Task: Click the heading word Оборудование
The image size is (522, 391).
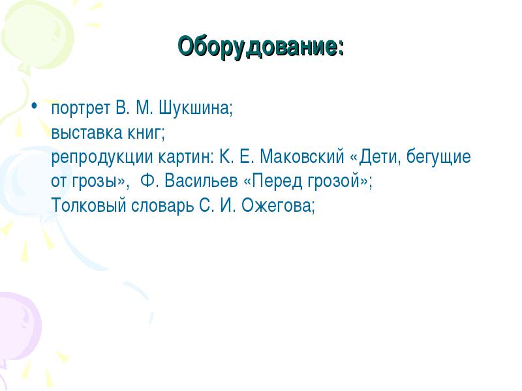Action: click(258, 47)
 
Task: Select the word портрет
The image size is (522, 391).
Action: click(81, 109)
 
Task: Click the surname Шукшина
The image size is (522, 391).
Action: click(195, 108)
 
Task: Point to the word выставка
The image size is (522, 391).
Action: click(87, 133)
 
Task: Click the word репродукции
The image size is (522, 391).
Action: click(102, 157)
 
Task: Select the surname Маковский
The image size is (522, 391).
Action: click(302, 156)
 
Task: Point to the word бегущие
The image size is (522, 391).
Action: click(438, 156)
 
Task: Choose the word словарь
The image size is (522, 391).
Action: click(162, 205)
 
